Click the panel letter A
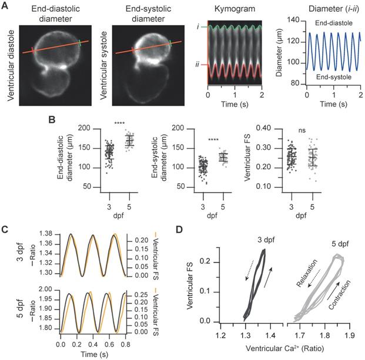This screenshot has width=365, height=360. coord(6,5)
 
